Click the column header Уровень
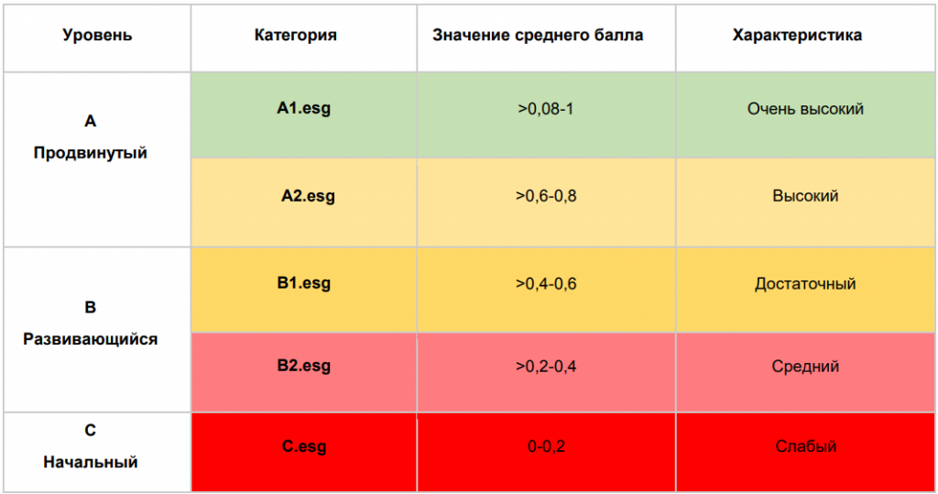[97, 36]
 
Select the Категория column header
[296, 36]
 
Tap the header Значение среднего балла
[538, 36]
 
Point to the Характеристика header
[797, 36]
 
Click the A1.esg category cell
[304, 108]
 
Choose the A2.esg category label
[308, 195]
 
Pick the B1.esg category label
[304, 282]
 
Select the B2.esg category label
[304, 366]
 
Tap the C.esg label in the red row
[304, 447]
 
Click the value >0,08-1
[545, 109]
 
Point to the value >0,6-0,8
[546, 196]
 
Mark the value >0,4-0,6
[546, 283]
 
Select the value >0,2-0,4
[546, 367]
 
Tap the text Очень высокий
[805, 109]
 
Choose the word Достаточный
[805, 283]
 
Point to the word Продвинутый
[91, 153]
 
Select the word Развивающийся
[91, 339]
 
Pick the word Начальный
[91, 462]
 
